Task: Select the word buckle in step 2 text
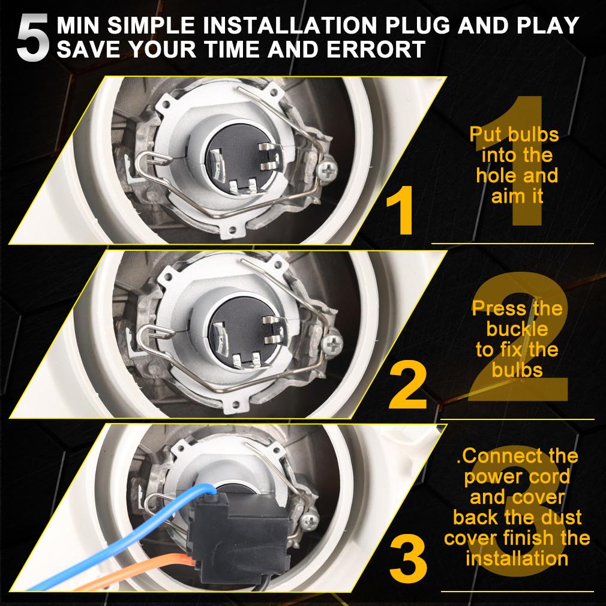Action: pyautogui.click(x=517, y=329)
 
